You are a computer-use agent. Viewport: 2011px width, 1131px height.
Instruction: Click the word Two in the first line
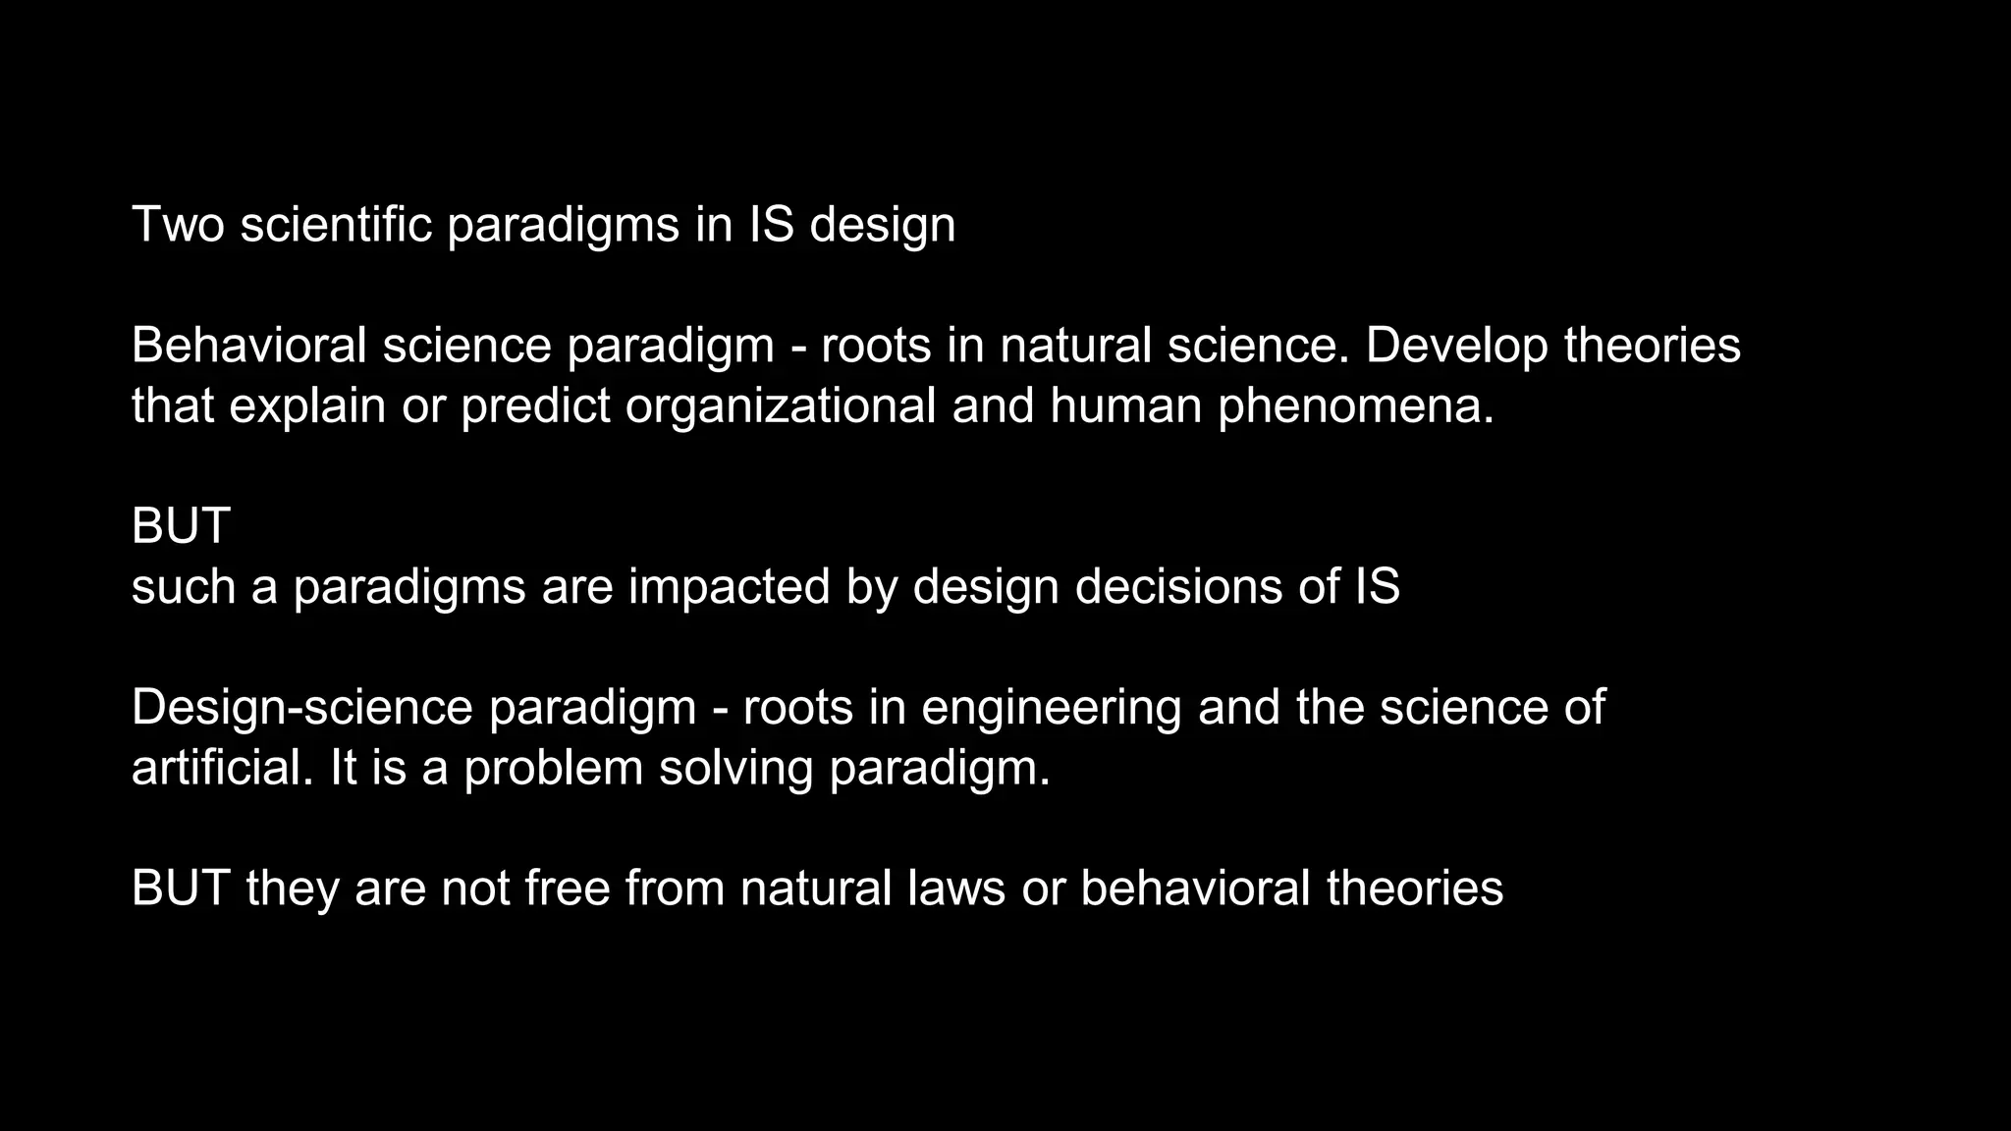(178, 224)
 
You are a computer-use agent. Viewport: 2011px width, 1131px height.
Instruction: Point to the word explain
(307, 405)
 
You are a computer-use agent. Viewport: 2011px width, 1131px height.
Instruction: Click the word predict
(535, 405)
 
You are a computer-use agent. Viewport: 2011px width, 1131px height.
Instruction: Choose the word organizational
(781, 405)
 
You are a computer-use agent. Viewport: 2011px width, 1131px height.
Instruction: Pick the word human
(1125, 405)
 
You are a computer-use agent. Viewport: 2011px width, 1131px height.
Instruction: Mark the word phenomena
(1356, 405)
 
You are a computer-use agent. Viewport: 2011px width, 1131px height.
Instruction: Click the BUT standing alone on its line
(181, 526)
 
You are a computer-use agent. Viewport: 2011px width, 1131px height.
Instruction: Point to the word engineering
(1051, 709)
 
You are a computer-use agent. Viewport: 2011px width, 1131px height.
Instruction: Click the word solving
(735, 769)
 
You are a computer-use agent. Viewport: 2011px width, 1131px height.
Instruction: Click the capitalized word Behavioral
(249, 345)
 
